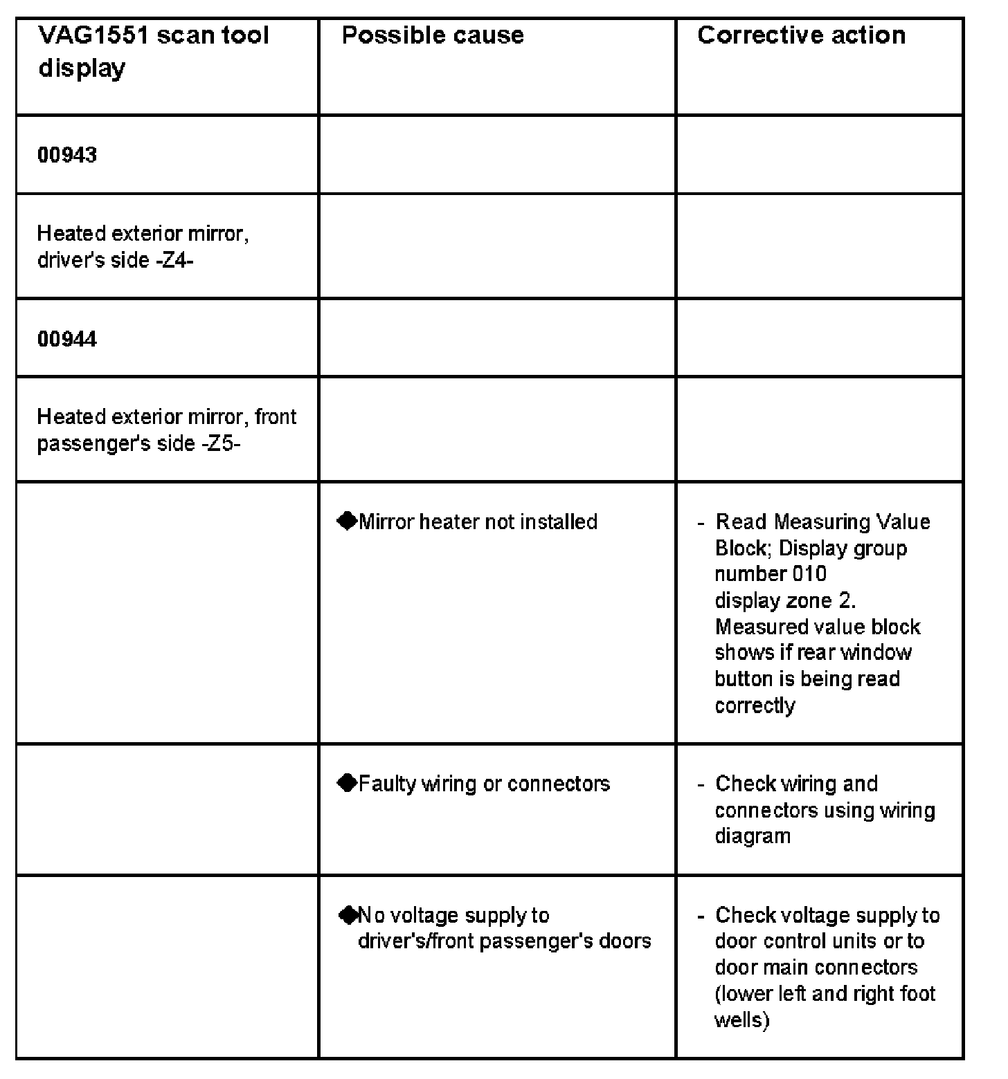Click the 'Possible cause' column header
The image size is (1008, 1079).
[433, 35]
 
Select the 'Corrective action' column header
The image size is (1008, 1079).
[801, 35]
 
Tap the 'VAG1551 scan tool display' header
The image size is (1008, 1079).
[152, 51]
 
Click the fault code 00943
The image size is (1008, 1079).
[67, 155]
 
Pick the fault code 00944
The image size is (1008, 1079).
[67, 339]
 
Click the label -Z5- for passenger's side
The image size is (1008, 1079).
[221, 443]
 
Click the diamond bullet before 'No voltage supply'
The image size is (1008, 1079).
[348, 915]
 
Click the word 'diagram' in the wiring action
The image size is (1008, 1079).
[753, 836]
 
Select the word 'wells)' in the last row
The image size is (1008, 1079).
[741, 1020]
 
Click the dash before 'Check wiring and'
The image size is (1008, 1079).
[701, 784]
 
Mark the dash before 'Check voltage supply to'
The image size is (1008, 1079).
[701, 916]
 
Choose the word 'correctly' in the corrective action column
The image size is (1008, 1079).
[755, 705]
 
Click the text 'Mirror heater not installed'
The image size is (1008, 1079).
[478, 522]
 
